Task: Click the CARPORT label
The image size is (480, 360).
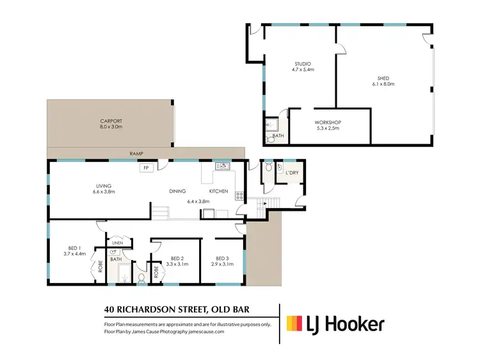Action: point(111,120)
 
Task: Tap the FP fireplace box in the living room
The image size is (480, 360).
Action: point(147,168)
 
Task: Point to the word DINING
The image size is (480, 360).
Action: point(177,191)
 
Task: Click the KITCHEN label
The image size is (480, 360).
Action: point(219,191)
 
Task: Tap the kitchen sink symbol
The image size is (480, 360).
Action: point(221,167)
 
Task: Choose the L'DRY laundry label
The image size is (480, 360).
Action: point(292,173)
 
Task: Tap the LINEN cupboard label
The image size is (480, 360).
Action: point(117,243)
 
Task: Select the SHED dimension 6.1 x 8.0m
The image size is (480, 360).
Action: point(385,84)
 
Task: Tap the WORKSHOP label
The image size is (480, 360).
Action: point(328,122)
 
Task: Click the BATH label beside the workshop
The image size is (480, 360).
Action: point(278,136)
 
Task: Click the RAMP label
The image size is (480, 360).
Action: point(136,154)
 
